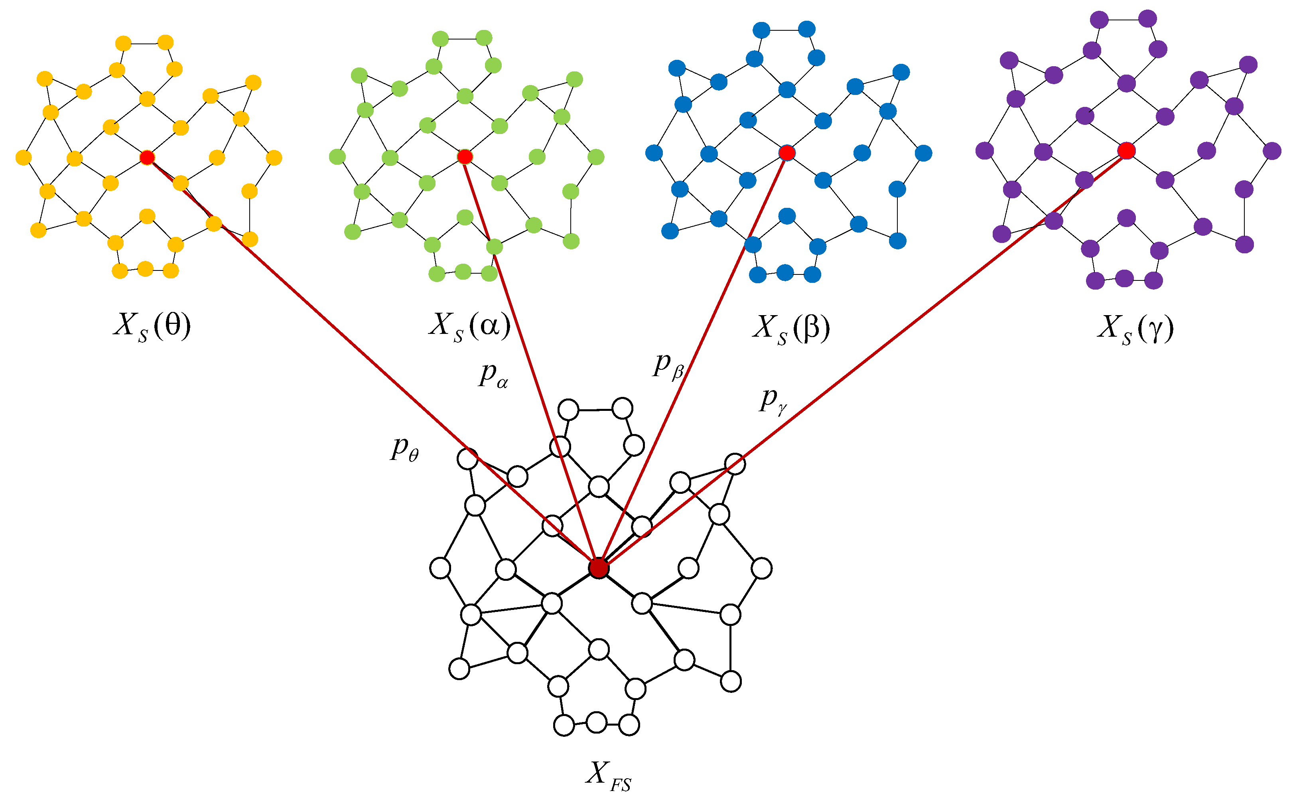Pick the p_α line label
tap(493, 375)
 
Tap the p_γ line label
tap(773, 401)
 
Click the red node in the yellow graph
tap(147, 158)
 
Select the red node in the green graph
tap(464, 156)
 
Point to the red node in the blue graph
tap(787, 153)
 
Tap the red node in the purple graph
tap(1126, 151)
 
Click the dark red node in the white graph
tap(598, 568)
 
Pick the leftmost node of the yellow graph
tap(23, 158)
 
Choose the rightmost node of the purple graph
tap(1272, 151)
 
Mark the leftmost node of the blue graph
tap(654, 153)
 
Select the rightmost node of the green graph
tap(595, 157)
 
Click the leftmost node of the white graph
tap(440, 568)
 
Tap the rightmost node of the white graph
tap(761, 568)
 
